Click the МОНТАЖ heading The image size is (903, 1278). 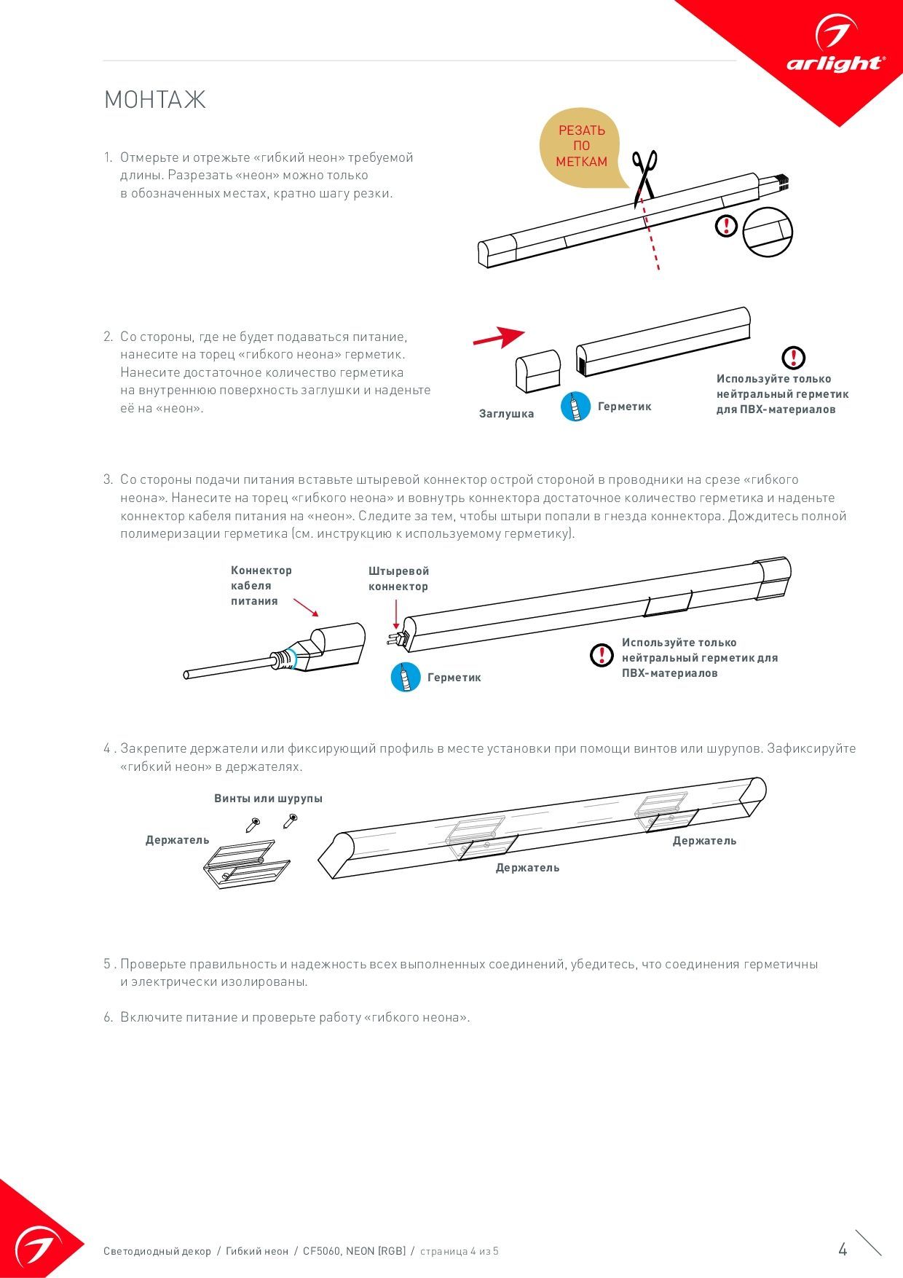(x=154, y=100)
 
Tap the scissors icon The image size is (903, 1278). (x=644, y=173)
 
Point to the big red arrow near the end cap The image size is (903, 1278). (x=499, y=337)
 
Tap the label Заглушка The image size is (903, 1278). (x=506, y=414)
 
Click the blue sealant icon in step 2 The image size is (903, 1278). (x=575, y=407)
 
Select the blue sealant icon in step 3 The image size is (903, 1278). (x=406, y=677)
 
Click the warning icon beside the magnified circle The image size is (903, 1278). (x=727, y=226)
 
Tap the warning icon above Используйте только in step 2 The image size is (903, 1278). (x=793, y=358)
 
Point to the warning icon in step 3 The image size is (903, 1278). (x=602, y=655)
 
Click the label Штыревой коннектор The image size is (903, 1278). (x=398, y=579)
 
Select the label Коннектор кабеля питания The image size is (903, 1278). (x=261, y=586)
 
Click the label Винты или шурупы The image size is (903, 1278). (x=268, y=799)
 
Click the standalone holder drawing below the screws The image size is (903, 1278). (x=246, y=863)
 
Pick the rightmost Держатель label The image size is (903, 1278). (x=704, y=841)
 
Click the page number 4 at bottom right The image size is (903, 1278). (x=843, y=1250)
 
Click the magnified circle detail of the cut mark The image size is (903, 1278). (x=768, y=232)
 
